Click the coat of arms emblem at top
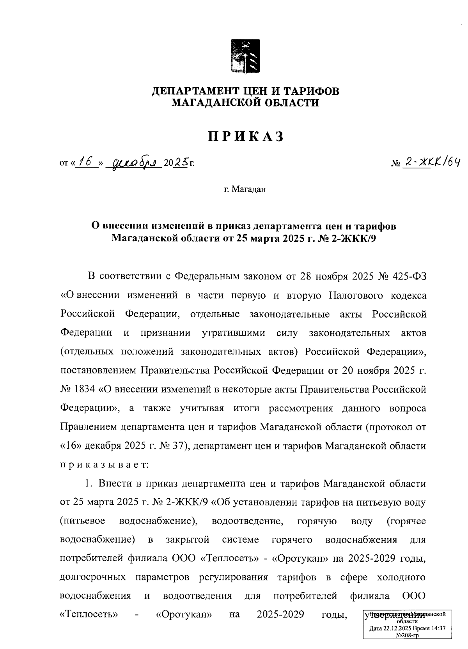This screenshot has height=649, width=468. tap(245, 56)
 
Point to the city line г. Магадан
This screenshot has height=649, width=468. tap(245, 190)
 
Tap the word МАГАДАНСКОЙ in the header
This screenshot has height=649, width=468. tap(216, 103)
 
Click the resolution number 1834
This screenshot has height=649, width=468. tap(85, 389)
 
